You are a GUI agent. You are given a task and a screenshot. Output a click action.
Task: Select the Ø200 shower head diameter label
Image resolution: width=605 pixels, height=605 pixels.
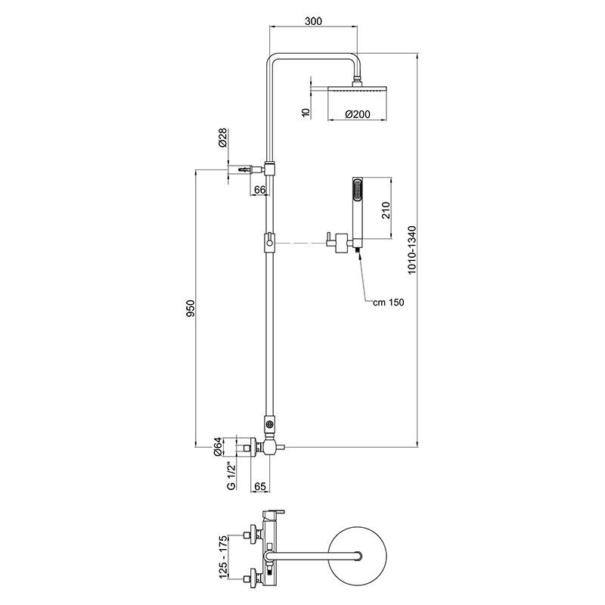click(x=356, y=114)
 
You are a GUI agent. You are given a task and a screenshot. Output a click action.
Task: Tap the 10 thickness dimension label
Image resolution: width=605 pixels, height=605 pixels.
click(x=304, y=113)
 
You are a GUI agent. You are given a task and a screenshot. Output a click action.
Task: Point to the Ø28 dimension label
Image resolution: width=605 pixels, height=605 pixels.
click(x=222, y=139)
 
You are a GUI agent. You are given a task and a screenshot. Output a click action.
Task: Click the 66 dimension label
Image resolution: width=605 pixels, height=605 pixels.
click(x=259, y=189)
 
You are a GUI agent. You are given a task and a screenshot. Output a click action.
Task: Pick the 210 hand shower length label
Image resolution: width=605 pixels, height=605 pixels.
click(x=384, y=209)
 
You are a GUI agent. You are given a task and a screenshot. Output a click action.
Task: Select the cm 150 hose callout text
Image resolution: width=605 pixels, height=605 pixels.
click(x=389, y=302)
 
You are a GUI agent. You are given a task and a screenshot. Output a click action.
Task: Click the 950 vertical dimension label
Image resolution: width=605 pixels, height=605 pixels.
click(x=191, y=309)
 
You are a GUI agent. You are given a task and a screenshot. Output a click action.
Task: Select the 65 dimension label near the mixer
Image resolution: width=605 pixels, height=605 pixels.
click(x=259, y=487)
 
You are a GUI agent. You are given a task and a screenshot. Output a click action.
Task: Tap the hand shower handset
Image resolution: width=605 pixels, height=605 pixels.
click(x=356, y=207)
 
